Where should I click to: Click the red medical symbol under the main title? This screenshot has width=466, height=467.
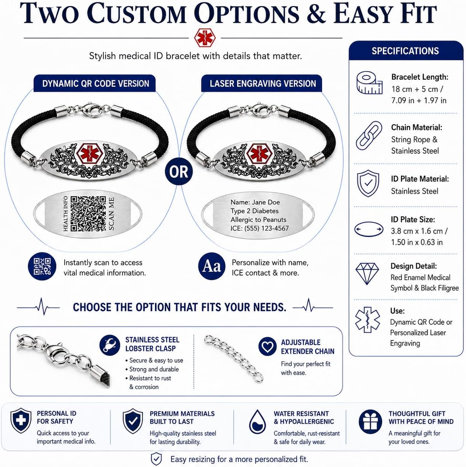coord(204,38)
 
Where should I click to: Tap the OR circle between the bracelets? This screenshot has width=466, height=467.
coord(179,172)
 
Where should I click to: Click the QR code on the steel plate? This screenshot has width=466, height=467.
coord(88,213)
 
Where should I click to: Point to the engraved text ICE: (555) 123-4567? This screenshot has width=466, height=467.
coord(259,228)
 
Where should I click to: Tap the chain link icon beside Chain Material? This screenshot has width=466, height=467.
coord(369,135)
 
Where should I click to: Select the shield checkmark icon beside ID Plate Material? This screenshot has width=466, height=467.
coord(368,183)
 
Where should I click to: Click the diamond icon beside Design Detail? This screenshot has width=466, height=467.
coord(367,274)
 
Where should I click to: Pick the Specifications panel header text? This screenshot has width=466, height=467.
coord(405,51)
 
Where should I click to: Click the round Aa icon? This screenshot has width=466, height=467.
coord(212,266)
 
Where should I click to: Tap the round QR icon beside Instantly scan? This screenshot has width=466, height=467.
coord(42,266)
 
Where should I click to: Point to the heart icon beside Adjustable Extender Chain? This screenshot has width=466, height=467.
coord(267,346)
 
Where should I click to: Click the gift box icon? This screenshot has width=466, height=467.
coord(370,422)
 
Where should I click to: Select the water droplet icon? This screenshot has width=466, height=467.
coord(257,422)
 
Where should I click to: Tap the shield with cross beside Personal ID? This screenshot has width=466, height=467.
coord(21,421)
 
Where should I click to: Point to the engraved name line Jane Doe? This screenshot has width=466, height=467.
coord(255,202)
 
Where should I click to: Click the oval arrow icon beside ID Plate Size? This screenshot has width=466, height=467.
coord(369,229)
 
